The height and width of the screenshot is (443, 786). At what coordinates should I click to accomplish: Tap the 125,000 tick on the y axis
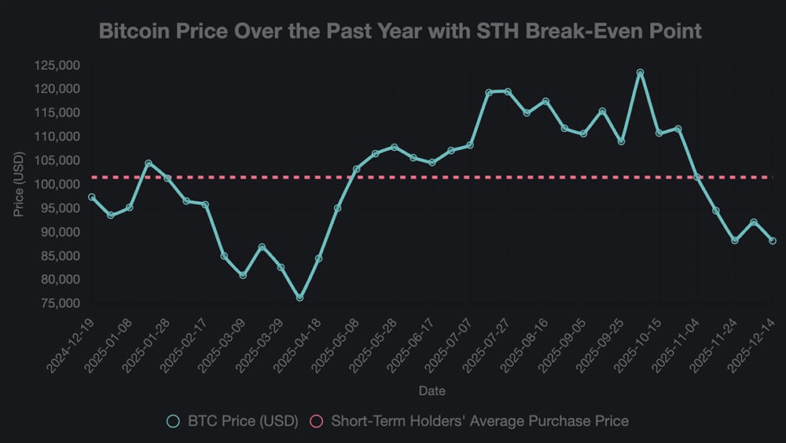57,66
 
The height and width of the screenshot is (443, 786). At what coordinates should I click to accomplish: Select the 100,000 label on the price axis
57,185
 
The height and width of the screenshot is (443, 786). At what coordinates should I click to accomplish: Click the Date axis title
431,390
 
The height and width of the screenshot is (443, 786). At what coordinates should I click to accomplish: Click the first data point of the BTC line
92,197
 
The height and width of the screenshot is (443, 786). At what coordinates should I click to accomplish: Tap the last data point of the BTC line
772,241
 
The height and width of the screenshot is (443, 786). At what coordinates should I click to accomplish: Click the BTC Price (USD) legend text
241,421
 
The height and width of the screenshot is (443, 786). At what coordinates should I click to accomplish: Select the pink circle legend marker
318,422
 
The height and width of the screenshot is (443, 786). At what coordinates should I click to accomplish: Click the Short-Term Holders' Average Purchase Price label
479,421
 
